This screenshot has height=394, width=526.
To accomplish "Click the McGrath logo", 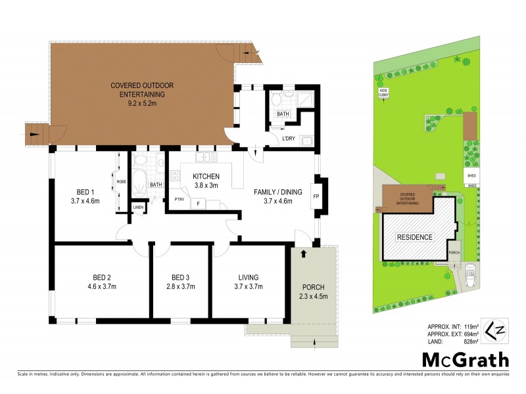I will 466,359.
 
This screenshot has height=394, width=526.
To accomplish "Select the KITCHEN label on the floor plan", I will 206,177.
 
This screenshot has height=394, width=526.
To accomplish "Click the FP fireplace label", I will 316,196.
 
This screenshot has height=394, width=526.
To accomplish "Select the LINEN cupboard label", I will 138,208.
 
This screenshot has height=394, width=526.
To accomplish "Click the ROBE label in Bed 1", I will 121,182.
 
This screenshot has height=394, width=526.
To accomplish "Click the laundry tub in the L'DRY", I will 306,140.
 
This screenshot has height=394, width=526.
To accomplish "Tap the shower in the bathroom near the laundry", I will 304,100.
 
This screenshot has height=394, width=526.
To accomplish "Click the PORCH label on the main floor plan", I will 314,287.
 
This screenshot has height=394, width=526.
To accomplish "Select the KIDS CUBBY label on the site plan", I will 383,94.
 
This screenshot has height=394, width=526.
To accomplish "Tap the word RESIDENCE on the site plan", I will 414,237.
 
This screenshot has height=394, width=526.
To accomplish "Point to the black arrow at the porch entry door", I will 303,252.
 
